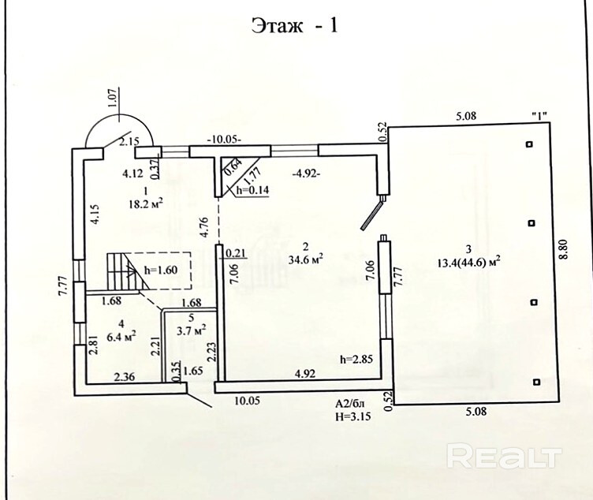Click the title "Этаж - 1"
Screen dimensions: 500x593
[295, 27]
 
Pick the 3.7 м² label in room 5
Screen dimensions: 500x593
[190, 329]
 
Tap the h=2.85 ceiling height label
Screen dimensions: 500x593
[356, 359]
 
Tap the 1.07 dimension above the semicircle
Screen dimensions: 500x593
[112, 97]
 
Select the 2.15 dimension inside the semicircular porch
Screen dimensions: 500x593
[129, 142]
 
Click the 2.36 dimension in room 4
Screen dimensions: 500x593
[123, 375]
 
